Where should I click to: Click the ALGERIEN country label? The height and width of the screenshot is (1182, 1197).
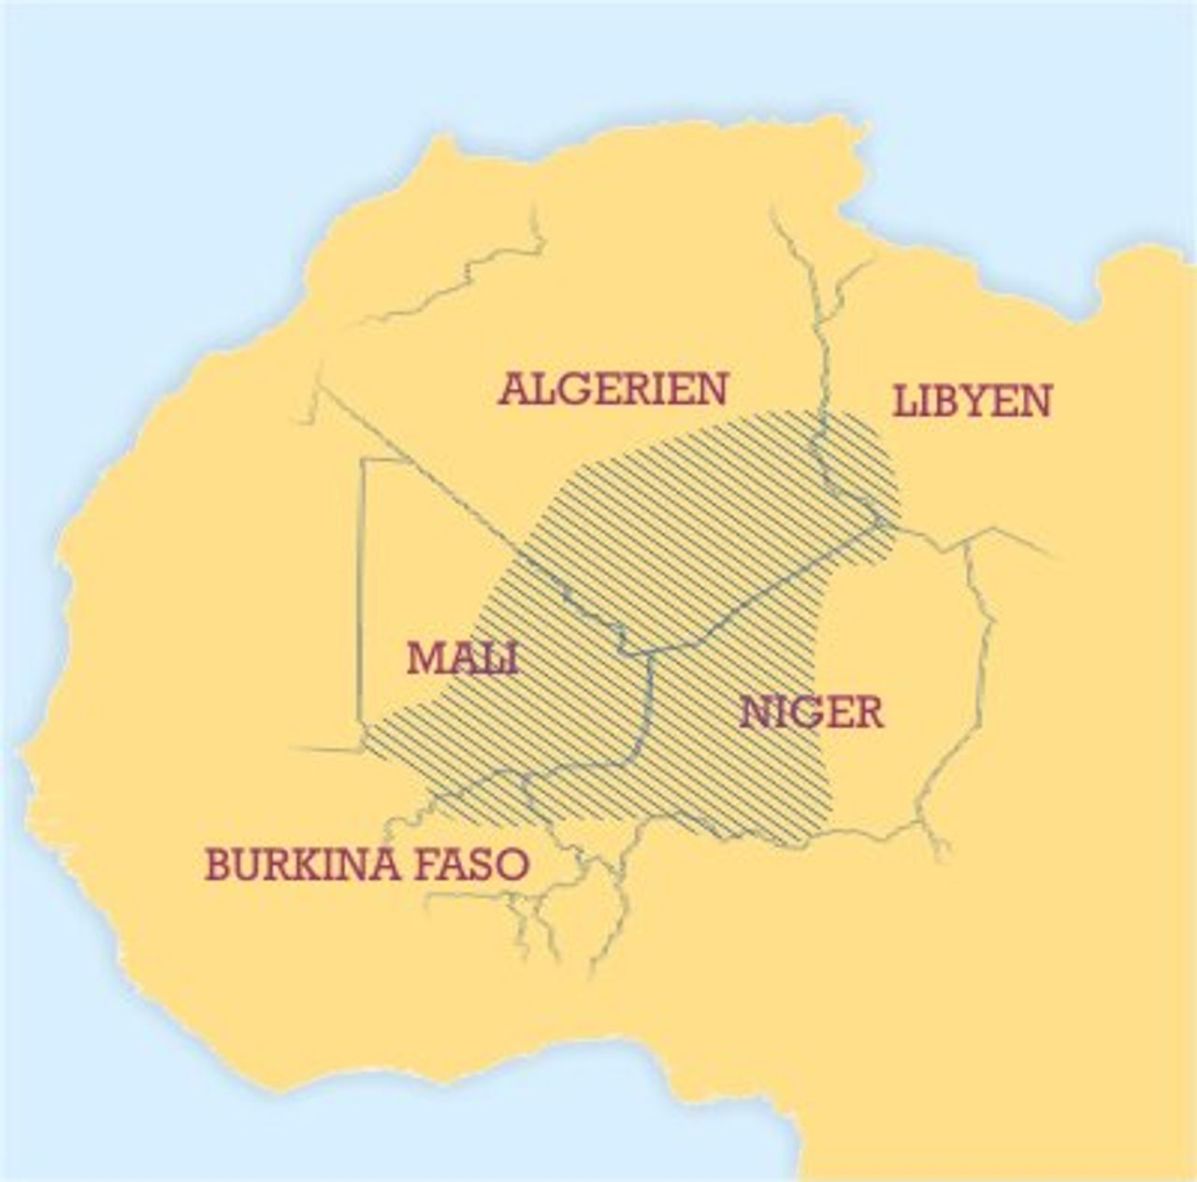[613, 389]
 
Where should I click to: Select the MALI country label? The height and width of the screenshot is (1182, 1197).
[462, 658]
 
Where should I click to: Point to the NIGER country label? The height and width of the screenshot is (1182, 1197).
[811, 713]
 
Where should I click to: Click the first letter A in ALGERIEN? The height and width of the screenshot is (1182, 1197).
[513, 389]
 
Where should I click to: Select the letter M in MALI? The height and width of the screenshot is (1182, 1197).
[423, 658]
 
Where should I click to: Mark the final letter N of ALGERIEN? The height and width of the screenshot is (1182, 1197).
[712, 389]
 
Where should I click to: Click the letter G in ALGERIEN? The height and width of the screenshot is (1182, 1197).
[571, 389]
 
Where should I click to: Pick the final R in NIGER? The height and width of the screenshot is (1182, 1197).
[866, 713]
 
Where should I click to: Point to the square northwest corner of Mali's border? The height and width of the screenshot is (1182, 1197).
[365, 459]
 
